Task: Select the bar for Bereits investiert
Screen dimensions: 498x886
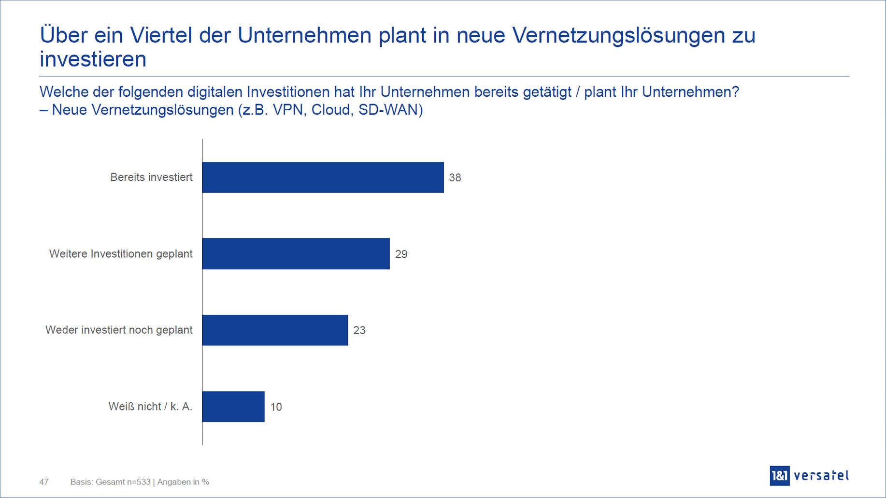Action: (323, 177)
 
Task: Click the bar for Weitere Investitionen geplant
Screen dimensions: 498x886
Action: (296, 254)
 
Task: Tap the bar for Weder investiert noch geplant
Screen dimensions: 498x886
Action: (275, 330)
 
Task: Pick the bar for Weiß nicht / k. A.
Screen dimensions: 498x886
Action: (233, 407)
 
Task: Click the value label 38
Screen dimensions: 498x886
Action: (455, 178)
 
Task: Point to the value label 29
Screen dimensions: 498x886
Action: (401, 254)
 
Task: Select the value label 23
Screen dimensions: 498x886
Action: (359, 331)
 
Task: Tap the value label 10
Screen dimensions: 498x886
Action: (276, 407)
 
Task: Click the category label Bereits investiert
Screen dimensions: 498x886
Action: (151, 177)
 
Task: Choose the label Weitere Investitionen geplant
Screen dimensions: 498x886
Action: (121, 254)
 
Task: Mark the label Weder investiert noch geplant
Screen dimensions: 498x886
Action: (119, 330)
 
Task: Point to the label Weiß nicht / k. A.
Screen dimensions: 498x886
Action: (150, 407)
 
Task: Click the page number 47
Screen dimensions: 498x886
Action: (44, 482)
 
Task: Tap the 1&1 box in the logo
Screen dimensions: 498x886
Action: (779, 476)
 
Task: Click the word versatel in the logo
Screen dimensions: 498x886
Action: (821, 476)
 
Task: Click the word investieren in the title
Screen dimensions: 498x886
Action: (93, 59)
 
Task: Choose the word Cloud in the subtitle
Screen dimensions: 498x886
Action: (331, 110)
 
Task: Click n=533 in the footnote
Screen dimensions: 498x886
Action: (138, 482)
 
